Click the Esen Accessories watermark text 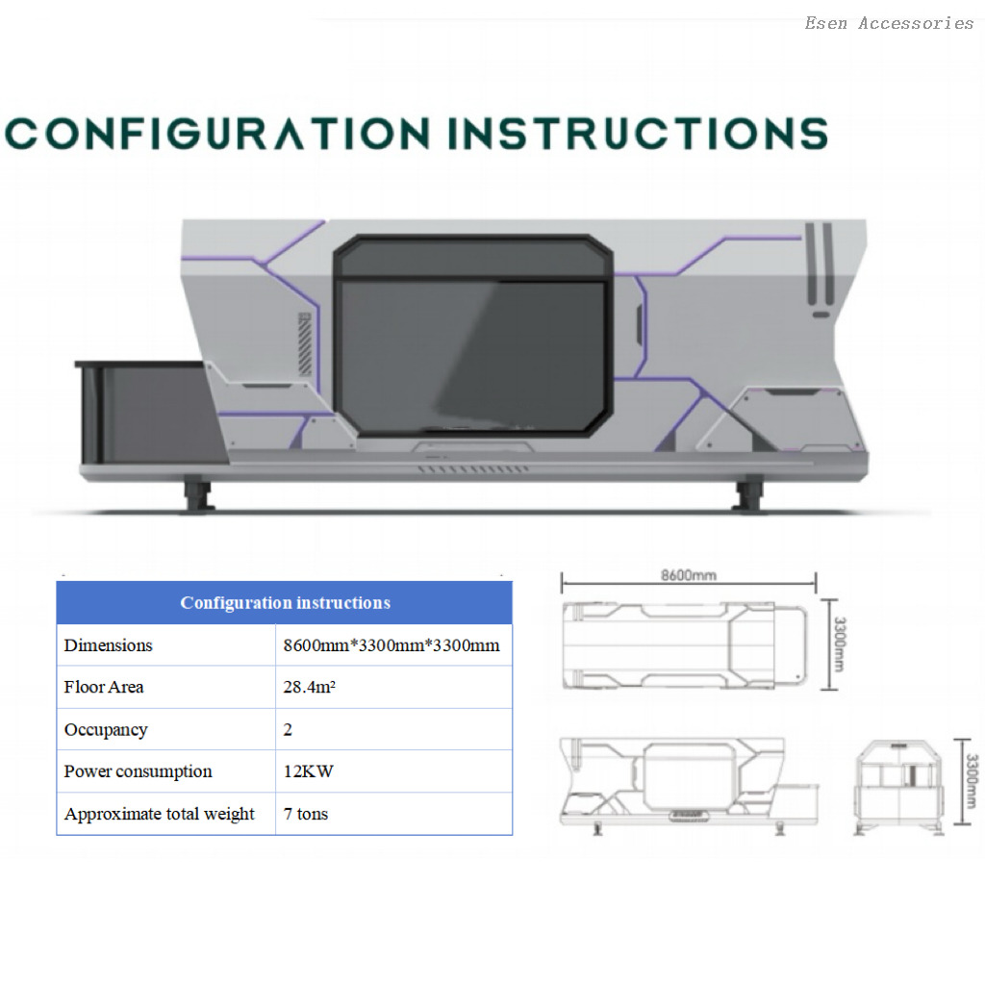click(x=889, y=23)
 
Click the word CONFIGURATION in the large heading click(x=217, y=134)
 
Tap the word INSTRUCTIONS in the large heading click(x=639, y=134)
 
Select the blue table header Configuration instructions click(x=285, y=603)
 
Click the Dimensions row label click(x=108, y=645)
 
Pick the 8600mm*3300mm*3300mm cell click(x=391, y=645)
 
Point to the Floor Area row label click(x=104, y=687)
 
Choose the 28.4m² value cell click(x=309, y=687)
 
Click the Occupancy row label click(x=106, y=730)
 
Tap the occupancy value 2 click(x=288, y=729)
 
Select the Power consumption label click(x=139, y=771)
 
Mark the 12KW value click(x=309, y=771)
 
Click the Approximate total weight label click(x=160, y=814)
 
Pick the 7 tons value click(x=306, y=814)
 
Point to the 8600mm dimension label click(x=689, y=575)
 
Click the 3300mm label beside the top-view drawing click(x=839, y=644)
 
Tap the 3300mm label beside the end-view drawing click(x=972, y=781)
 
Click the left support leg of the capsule click(x=197, y=494)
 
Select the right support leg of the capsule click(x=748, y=494)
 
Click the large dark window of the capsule click(x=473, y=336)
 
